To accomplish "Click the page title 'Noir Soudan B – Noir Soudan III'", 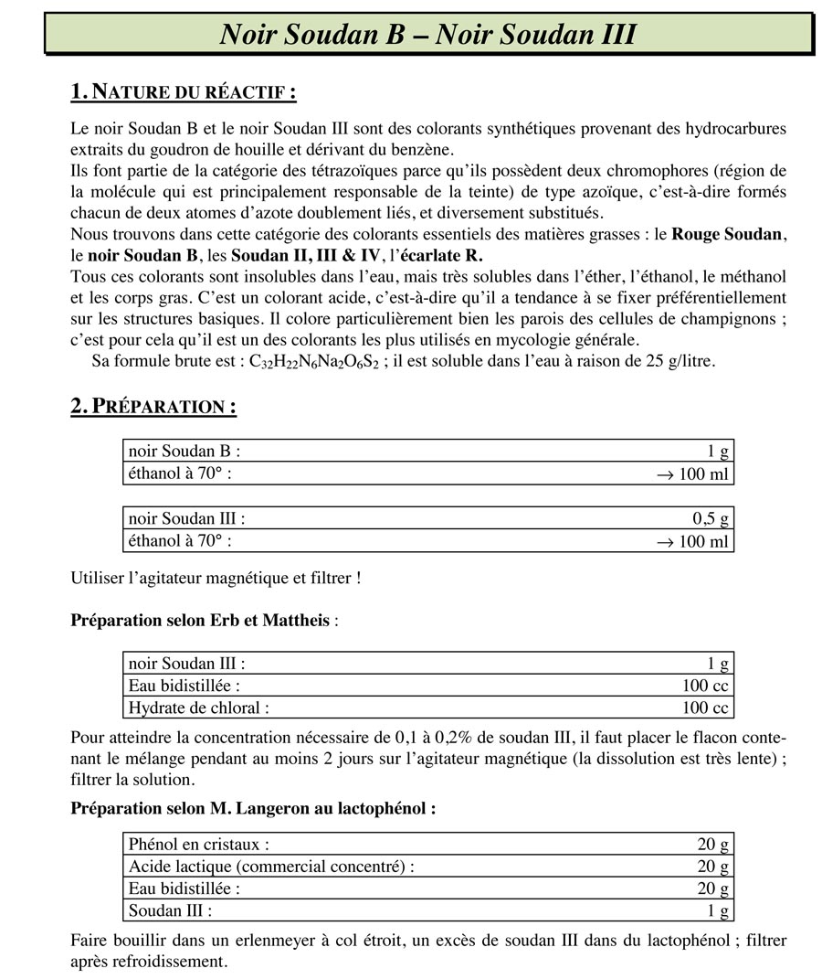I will point(428,34).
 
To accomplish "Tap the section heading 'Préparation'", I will point(153,407).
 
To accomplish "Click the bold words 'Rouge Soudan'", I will point(727,234).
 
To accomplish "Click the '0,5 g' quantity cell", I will point(711,518).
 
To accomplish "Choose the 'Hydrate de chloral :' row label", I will point(199,708).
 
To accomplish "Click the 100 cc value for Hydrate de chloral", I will point(705,708).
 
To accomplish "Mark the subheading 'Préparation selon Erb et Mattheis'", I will point(200,621).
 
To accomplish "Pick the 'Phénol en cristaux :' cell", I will point(199,844).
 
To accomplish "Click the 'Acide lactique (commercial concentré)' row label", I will point(271,866).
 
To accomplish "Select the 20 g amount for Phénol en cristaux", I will point(712,844).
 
